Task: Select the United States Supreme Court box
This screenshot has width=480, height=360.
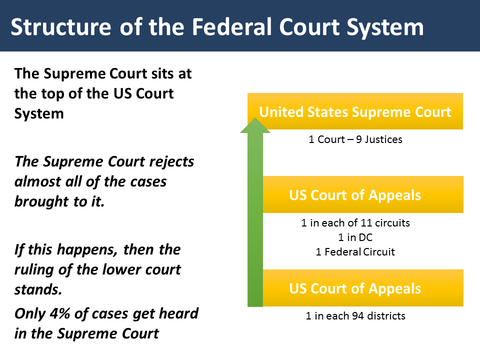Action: coord(355,111)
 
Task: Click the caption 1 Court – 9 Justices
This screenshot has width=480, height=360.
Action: coord(355,139)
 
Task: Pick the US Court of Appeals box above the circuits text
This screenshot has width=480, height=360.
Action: coord(355,195)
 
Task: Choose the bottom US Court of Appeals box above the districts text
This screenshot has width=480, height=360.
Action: coord(355,288)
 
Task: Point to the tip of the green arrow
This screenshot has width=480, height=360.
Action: coord(255,120)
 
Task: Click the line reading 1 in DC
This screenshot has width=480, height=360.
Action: coord(355,237)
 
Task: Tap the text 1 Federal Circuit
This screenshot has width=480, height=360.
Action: coord(355,252)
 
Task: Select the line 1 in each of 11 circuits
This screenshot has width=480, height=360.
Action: coord(355,223)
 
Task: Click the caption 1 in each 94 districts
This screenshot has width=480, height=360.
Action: coord(355,316)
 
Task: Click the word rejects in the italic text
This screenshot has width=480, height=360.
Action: coord(168,161)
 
